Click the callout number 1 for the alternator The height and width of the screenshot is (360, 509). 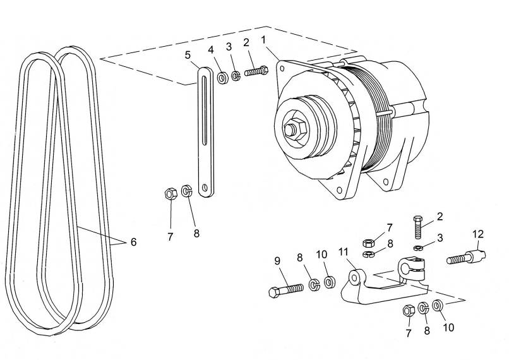263,40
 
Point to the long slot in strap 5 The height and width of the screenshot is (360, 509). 204,110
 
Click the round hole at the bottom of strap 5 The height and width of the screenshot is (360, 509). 205,188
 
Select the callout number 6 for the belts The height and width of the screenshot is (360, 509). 133,242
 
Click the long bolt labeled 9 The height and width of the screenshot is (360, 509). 286,290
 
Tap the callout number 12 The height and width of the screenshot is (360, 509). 478,234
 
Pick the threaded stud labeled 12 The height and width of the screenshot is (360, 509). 466,256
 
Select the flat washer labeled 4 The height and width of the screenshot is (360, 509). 223,78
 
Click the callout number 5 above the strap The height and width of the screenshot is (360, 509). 188,55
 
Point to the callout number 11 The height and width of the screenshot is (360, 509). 344,252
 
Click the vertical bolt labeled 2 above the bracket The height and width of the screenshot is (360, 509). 419,227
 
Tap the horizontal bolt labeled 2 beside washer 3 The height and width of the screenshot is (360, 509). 256,71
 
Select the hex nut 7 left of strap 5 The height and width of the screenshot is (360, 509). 171,193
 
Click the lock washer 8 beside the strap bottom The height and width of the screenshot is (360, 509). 187,190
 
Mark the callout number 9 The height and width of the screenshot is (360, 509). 277,261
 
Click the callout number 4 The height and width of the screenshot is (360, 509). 212,50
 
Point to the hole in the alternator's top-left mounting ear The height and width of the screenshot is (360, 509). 282,68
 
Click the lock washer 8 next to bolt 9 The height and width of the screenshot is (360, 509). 314,285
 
